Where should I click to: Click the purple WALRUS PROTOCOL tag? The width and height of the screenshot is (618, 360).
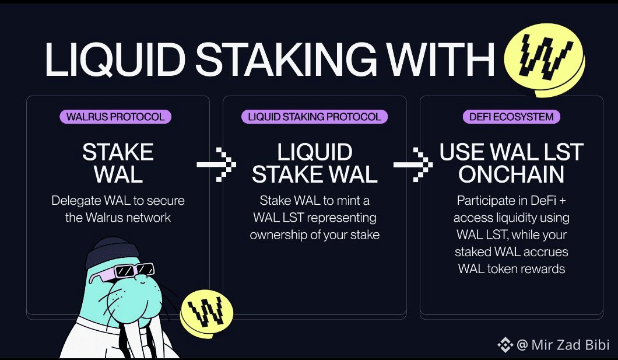115,117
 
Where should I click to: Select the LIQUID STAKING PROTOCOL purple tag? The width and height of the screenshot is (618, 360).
314,117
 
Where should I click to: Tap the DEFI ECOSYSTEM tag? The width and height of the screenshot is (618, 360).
511,117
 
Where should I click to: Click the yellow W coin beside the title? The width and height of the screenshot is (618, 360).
543,60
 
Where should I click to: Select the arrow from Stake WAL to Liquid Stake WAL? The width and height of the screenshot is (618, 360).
216,165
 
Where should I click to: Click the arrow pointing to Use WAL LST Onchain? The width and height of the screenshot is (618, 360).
413,165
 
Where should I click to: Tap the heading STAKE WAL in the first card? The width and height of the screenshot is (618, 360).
118,163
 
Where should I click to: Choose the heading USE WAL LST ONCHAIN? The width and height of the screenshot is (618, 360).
511,163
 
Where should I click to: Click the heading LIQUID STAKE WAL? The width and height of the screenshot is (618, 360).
315,163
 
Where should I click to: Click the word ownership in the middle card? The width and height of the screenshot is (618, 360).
277,235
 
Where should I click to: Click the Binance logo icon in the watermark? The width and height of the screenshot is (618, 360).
505,345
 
